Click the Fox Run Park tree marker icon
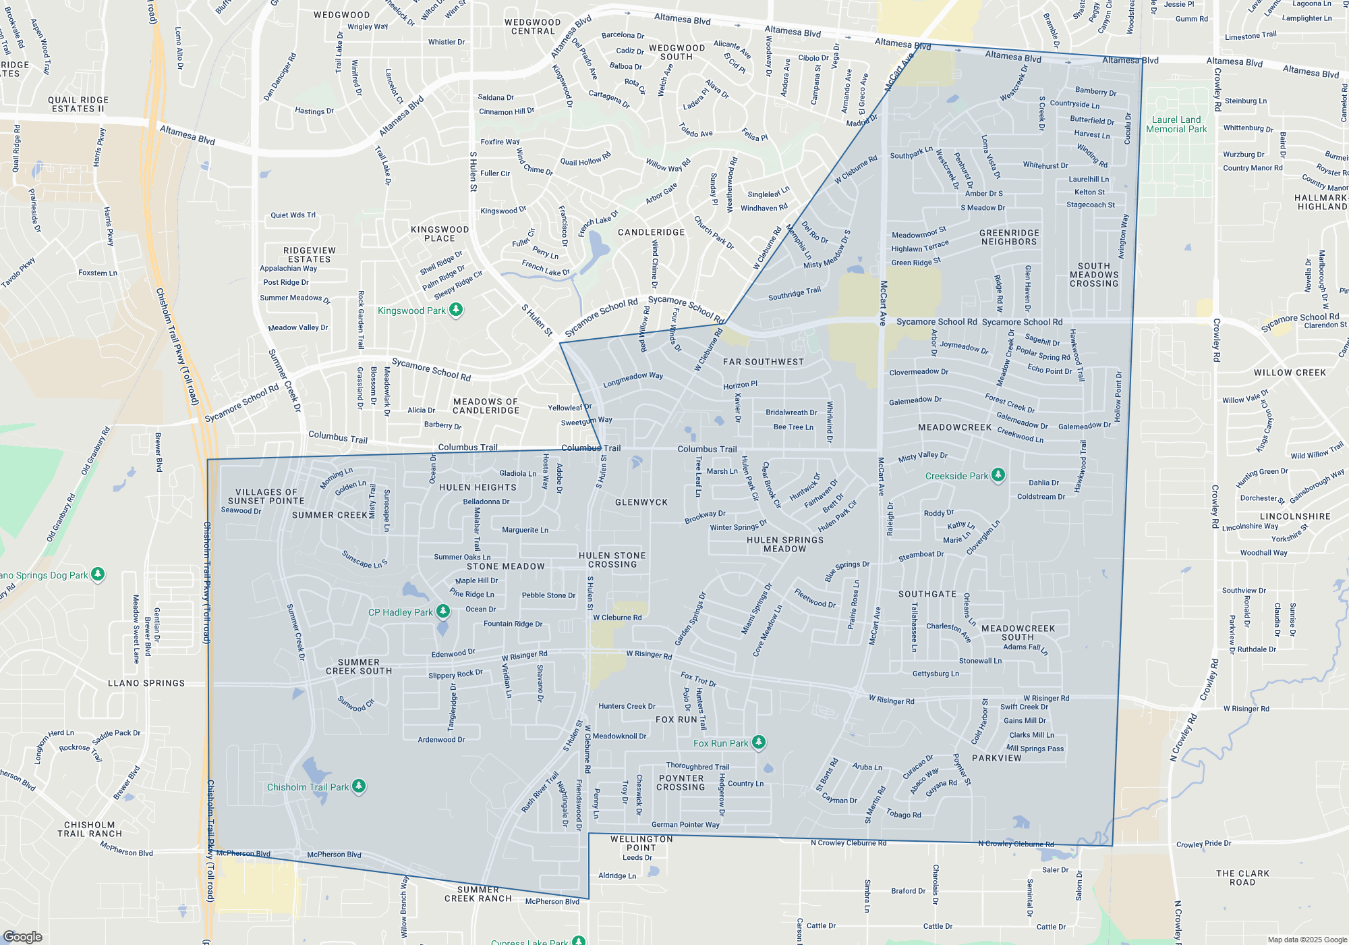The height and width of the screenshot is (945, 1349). [x=759, y=742]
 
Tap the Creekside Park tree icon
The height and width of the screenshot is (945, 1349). [x=998, y=475]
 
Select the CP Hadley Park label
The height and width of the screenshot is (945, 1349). [x=400, y=612]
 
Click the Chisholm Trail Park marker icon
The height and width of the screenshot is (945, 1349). [x=359, y=786]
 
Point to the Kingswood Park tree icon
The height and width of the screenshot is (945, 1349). [x=456, y=310]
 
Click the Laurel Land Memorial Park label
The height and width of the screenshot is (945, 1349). [x=1176, y=124]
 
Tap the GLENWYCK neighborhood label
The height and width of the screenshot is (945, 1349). [x=641, y=502]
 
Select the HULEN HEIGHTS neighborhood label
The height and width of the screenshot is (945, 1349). [x=478, y=487]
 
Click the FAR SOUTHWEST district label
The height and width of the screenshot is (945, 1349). [x=763, y=362]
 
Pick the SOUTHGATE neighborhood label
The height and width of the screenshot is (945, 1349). [x=927, y=594]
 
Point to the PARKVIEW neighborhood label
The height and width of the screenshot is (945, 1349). [x=996, y=758]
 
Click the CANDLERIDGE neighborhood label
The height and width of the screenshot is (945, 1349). [x=651, y=232]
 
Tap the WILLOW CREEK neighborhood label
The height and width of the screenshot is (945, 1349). [x=1290, y=373]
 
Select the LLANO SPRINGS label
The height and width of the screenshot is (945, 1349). [x=146, y=683]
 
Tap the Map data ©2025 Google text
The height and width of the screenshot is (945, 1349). [x=1307, y=940]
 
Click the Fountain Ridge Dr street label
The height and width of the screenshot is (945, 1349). [x=513, y=624]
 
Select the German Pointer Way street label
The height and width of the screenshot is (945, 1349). [x=685, y=825]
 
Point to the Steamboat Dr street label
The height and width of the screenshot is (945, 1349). [x=921, y=556]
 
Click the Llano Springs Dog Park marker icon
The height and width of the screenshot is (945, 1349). [x=98, y=574]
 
